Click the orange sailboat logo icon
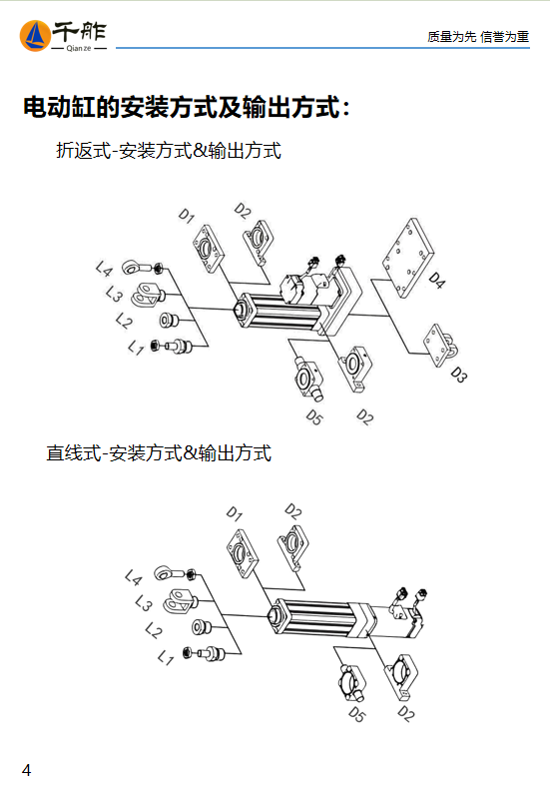pos(35,36)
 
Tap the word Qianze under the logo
pos(79,49)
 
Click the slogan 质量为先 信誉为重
pos(478,37)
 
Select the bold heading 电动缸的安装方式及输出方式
pos(187,107)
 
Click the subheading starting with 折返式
pos(169,151)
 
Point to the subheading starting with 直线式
pos(159,452)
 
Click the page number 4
pos(26,770)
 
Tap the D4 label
pos(436,280)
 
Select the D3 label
pos(458,375)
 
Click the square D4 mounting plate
pos(408,258)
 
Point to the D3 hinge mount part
pos(440,345)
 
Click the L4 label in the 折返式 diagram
pos(104,269)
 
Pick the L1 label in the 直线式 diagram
pos(166,658)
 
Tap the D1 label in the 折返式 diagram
pos(186,216)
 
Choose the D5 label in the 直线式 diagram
pos(356,714)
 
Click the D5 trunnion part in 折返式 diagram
pos(308,378)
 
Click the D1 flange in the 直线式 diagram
pos(242,553)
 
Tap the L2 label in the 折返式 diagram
pos(124,321)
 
